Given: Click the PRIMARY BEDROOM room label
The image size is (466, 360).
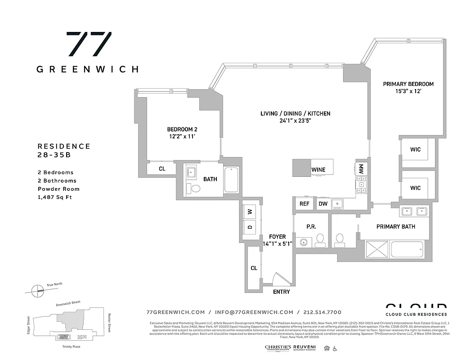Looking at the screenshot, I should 408,84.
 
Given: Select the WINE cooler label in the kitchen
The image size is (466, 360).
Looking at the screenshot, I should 318,170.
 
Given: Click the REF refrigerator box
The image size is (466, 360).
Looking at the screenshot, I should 305,204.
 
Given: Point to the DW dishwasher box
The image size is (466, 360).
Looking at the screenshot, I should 323,204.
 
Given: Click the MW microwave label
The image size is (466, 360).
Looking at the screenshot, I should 361,169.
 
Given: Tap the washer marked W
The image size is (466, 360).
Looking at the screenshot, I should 250,211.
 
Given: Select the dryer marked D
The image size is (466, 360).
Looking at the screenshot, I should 250,226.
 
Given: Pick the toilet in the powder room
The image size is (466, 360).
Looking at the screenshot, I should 320,241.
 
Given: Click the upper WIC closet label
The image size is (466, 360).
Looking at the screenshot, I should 415,149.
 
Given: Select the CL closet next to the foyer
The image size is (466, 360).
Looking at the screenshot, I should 254,268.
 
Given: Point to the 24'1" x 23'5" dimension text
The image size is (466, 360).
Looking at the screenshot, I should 295,121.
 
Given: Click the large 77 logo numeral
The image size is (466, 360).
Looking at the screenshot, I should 89,45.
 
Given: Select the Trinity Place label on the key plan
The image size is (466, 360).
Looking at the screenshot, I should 72,347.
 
